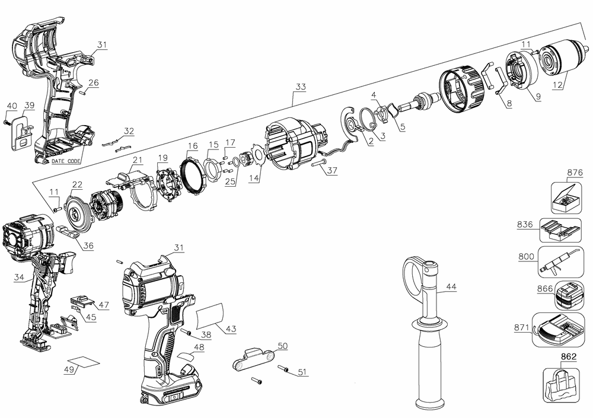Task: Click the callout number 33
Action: tap(300, 87)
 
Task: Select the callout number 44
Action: tap(451, 287)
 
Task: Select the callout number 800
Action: tap(526, 257)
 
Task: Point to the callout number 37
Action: tap(331, 170)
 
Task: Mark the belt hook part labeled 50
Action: tap(251, 359)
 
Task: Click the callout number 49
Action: tap(69, 369)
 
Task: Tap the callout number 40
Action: tap(11, 106)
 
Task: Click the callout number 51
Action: tap(303, 372)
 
